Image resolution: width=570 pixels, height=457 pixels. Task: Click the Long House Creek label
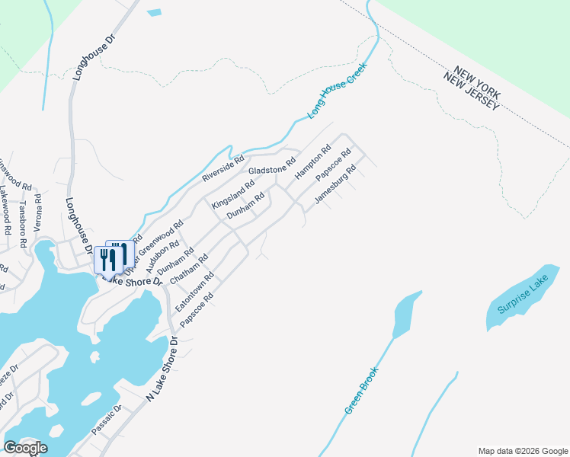(x=337, y=90)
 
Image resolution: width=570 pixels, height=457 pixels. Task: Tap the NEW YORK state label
(x=475, y=81)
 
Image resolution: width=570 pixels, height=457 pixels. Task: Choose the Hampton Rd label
(x=312, y=161)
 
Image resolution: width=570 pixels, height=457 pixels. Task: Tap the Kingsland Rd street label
(x=233, y=195)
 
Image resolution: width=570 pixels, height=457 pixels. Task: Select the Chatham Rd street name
(x=189, y=270)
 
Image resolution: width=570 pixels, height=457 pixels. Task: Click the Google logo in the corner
(x=25, y=447)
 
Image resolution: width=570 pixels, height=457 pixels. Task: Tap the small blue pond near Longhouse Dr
(x=154, y=13)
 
